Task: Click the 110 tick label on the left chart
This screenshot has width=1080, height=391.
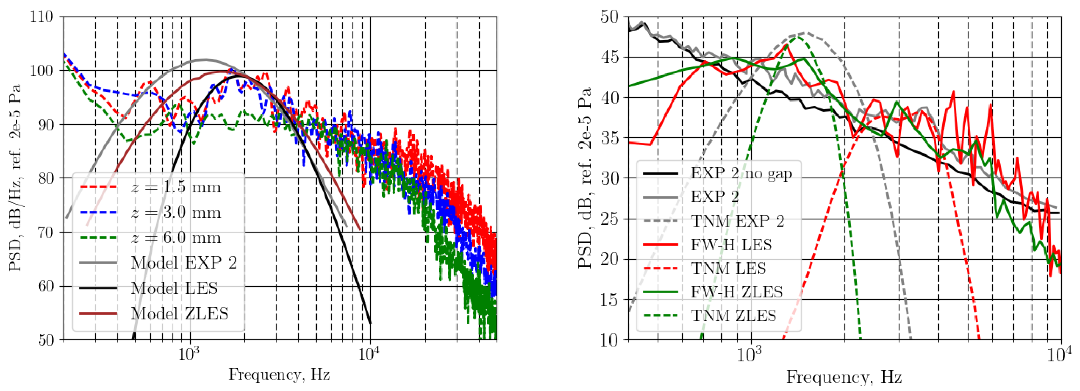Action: tap(41, 17)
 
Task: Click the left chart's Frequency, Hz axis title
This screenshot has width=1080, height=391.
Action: tap(279, 374)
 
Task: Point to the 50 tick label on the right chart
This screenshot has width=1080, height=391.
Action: tap(609, 17)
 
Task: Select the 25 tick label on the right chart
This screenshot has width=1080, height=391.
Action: tap(609, 219)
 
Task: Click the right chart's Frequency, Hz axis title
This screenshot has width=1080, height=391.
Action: tap(843, 377)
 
